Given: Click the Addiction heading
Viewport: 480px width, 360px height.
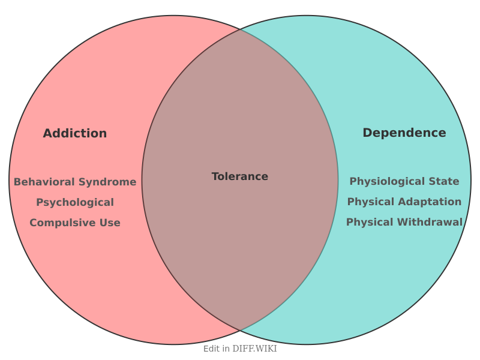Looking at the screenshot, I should pyautogui.click(x=75, y=133).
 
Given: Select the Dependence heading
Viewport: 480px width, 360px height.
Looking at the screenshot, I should pyautogui.click(x=404, y=133).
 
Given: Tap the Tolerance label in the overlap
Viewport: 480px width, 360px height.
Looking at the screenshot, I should pyautogui.click(x=240, y=176).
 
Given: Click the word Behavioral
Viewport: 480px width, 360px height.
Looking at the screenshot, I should pyautogui.click(x=41, y=182).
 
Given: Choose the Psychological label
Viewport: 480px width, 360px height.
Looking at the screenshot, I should pyautogui.click(x=75, y=202).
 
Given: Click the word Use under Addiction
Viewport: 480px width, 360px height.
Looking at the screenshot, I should pyautogui.click(x=110, y=223).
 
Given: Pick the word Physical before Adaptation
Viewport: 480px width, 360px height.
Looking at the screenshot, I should pyautogui.click(x=368, y=202).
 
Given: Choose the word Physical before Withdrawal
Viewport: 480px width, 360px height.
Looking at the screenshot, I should pyautogui.click(x=367, y=222).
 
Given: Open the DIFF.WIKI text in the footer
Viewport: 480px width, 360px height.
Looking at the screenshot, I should pyautogui.click(x=254, y=349).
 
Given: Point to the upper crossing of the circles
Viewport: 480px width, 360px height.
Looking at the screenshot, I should pyautogui.click(x=240, y=29).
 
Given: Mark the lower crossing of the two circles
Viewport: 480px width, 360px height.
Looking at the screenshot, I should pyautogui.click(x=240, y=331).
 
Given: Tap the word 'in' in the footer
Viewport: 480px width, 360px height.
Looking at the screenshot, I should pyautogui.click(x=226, y=349).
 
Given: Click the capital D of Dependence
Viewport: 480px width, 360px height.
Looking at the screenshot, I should pyautogui.click(x=367, y=133).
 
